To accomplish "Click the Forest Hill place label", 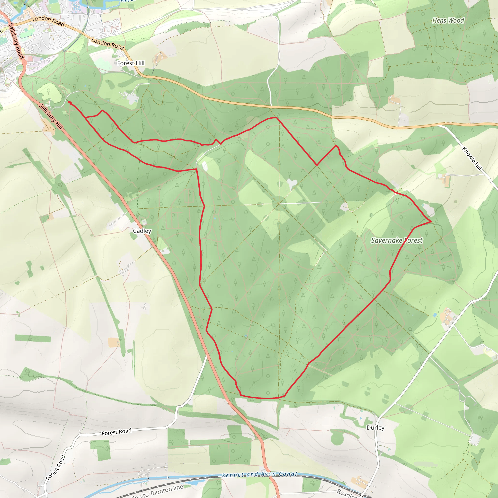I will click(131, 63).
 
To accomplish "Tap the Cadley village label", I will click(142, 231).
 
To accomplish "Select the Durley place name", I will click(375, 427).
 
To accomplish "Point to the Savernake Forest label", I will click(396, 240).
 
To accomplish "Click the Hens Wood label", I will click(448, 20).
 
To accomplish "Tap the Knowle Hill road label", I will click(472, 159).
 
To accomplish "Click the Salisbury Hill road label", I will click(51, 116).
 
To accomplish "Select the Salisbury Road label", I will click(16, 41).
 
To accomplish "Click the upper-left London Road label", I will click(48, 21).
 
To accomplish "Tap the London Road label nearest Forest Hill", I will click(108, 44).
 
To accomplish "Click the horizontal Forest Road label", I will click(116, 432).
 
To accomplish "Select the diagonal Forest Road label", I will click(56, 468).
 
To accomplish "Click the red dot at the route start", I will click(70, 102).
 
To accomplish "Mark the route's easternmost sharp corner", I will click(431, 222).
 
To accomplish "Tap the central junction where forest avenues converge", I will click(279, 204).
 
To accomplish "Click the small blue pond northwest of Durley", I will click(435, 315).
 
